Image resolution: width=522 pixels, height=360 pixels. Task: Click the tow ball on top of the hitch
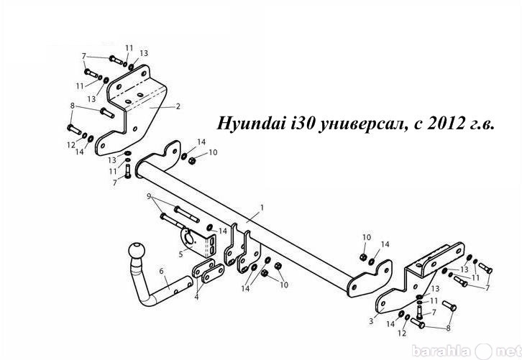[x=137, y=251]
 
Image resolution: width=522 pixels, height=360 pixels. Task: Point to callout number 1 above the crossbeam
[x=262, y=208]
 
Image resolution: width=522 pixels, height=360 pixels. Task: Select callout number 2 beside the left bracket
[x=178, y=106]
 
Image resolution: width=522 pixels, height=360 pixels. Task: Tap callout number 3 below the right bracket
[x=371, y=321]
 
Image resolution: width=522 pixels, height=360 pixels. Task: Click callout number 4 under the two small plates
[x=197, y=297]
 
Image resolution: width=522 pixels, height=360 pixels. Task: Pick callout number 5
[x=180, y=254]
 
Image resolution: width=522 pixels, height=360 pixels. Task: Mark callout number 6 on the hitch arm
[x=162, y=271]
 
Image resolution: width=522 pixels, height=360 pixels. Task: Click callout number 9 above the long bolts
[x=149, y=195]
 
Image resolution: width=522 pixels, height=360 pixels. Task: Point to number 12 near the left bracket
[x=71, y=145]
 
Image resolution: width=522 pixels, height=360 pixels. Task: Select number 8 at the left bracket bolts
[x=72, y=106]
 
